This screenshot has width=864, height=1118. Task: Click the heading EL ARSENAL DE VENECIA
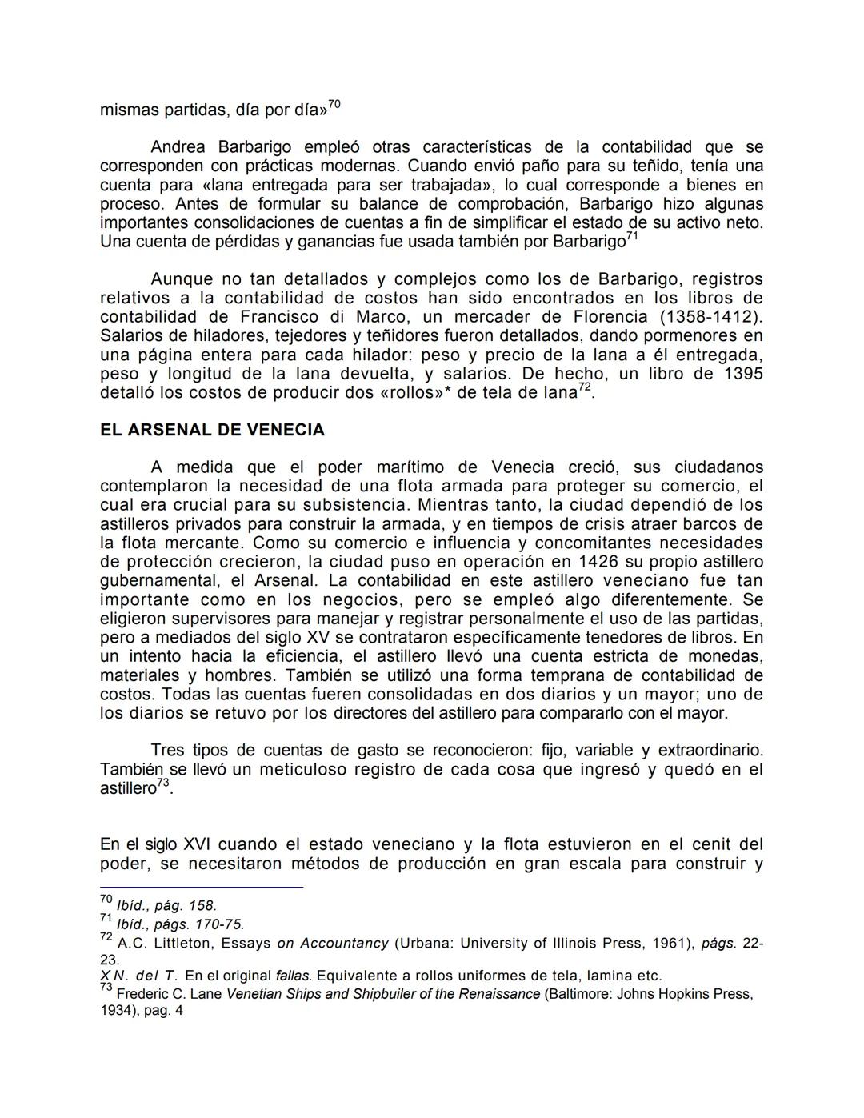tap(212, 430)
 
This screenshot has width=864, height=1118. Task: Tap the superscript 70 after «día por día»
tap(334, 104)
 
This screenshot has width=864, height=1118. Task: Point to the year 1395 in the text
tap(743, 373)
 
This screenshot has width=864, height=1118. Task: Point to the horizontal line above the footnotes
tap(202, 887)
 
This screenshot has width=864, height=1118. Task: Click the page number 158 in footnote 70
tap(202, 906)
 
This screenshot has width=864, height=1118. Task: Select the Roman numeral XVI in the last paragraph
tap(198, 844)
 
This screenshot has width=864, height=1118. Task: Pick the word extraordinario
tap(710, 750)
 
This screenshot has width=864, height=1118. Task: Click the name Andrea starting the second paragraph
tap(178, 146)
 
